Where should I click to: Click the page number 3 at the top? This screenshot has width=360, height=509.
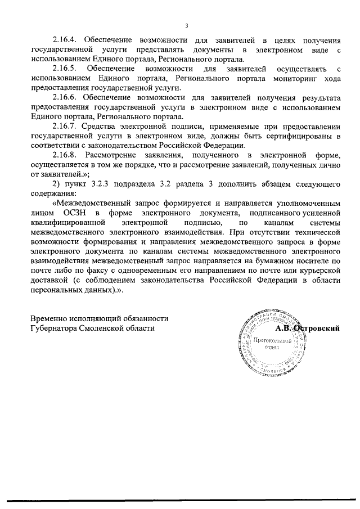(x=186, y=25)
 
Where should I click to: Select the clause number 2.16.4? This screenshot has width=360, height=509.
(x=65, y=40)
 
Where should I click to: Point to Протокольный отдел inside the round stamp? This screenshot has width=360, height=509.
(x=272, y=344)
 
